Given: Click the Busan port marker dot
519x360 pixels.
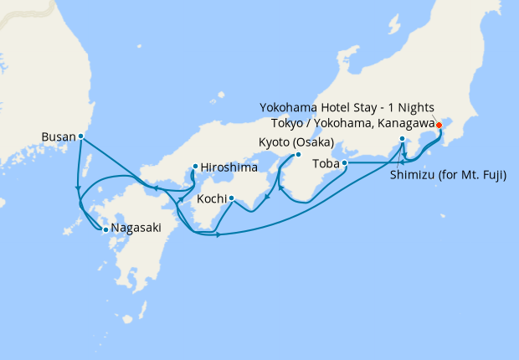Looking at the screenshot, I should point(80,136).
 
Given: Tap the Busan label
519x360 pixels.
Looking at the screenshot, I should point(58,136).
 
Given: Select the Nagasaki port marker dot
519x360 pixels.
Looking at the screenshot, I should point(105,229).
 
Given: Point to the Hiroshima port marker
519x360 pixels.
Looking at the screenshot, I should point(194,166).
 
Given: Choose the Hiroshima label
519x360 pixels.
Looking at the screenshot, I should point(227,166).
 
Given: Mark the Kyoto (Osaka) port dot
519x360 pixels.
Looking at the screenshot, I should point(297,155).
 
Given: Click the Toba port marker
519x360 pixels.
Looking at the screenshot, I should point(345,162).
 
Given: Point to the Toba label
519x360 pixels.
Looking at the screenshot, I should point(326,162).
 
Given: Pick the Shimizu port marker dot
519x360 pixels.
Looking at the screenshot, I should point(403,139).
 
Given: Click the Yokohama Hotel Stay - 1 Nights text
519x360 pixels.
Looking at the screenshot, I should point(347,108).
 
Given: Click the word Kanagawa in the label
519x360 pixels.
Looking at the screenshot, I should point(408,123).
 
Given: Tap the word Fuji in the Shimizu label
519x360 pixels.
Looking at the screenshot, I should point(501,176).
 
